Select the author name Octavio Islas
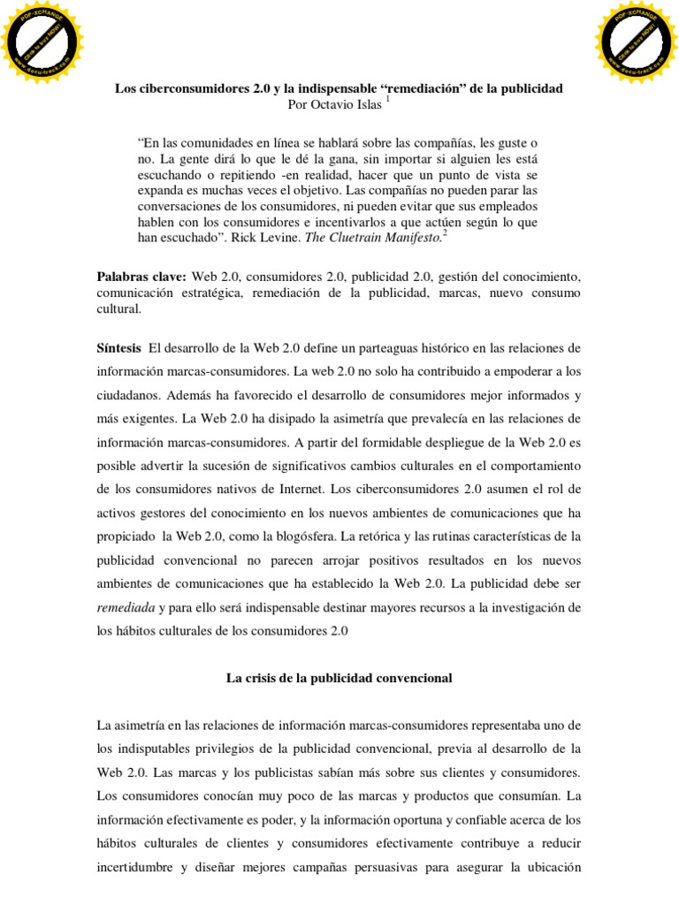tap(350, 105)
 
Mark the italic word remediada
tap(124, 607)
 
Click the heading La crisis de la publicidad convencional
tap(339, 678)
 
